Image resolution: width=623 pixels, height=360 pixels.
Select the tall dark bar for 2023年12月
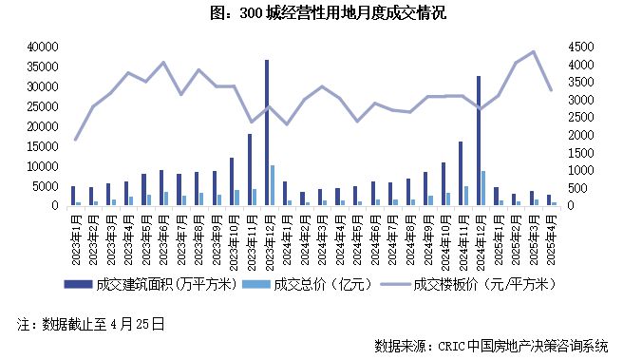coord(267,133)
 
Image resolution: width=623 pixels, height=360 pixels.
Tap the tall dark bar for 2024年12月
coord(479,141)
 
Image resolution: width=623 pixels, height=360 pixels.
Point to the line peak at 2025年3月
coord(532,52)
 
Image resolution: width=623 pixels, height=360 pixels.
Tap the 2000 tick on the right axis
coord(580,135)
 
